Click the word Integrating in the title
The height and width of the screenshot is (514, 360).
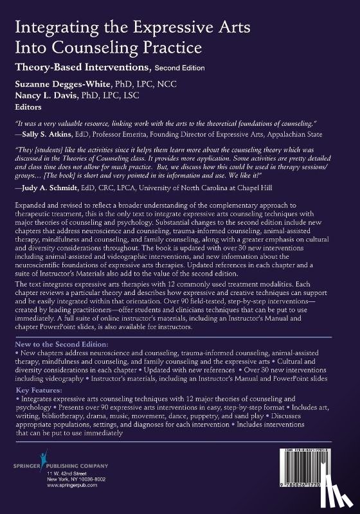point(48,28)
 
